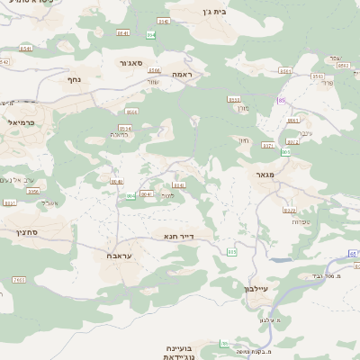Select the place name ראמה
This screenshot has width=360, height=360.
click(184, 75)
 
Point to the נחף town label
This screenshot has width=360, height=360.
click(76, 79)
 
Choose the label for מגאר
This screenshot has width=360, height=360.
click(265, 175)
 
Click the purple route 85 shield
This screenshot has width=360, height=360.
click(281, 101)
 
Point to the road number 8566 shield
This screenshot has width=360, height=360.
click(155, 70)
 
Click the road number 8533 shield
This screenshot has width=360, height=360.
click(234, 99)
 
